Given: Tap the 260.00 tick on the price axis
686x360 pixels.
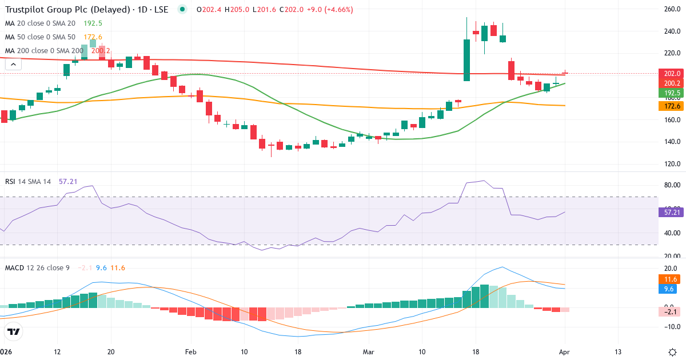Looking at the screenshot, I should click(671, 9).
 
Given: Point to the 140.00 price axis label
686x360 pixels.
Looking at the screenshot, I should click(671, 142).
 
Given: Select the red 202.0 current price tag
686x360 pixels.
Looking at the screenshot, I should click(671, 74).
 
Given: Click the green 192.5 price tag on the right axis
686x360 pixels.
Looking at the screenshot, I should click(671, 93).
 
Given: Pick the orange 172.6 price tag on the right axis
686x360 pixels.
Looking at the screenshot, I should click(671, 106).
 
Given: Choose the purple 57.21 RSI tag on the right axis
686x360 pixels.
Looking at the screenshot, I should click(671, 212).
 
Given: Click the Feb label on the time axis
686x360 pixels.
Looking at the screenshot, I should click(190, 351).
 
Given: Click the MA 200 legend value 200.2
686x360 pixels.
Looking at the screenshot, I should click(101, 51).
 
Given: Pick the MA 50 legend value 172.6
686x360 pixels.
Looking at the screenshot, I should click(93, 37).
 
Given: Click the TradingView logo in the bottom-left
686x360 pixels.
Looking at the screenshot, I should click(14, 331).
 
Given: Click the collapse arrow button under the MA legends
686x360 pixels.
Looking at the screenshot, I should click(13, 65).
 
